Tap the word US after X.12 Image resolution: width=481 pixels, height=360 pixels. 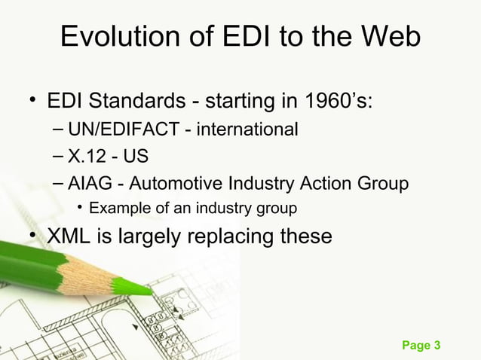(136, 157)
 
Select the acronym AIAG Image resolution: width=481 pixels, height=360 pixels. (88, 183)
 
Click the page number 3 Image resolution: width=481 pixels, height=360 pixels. (437, 346)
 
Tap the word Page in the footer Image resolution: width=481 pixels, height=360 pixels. (416, 346)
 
